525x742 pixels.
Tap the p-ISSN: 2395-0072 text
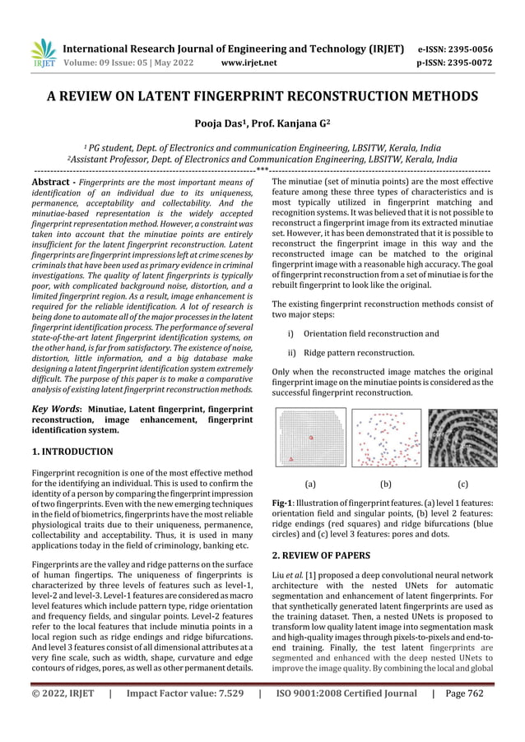coord(461,62)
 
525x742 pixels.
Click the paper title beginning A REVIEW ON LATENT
coord(262,97)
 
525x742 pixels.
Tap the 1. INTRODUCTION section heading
coord(72,452)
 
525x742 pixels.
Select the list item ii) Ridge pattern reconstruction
coord(356,353)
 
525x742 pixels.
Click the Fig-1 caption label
coord(284,502)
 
